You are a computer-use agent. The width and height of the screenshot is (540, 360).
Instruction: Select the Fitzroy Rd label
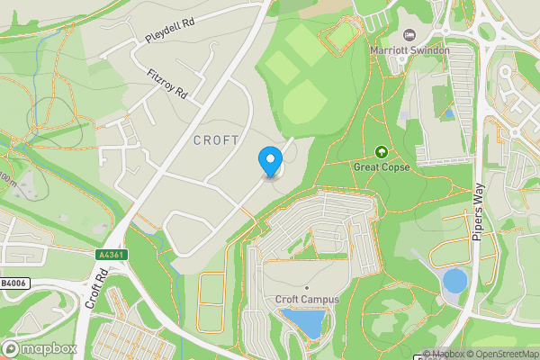167,82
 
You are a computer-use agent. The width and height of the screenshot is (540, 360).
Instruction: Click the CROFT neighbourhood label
216,140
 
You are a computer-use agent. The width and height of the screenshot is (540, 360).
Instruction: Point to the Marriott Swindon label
409,50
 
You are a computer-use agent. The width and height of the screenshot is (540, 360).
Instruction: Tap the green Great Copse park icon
382,152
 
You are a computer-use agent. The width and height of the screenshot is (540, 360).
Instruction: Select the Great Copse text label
382,167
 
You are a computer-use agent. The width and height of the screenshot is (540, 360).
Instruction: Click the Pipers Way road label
478,211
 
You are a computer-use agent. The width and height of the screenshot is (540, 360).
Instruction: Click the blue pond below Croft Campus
302,321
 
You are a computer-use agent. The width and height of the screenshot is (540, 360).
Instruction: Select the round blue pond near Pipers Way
455,281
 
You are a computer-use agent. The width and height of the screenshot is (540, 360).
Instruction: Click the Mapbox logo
40,348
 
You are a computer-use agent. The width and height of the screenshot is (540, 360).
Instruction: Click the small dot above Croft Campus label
306,287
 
